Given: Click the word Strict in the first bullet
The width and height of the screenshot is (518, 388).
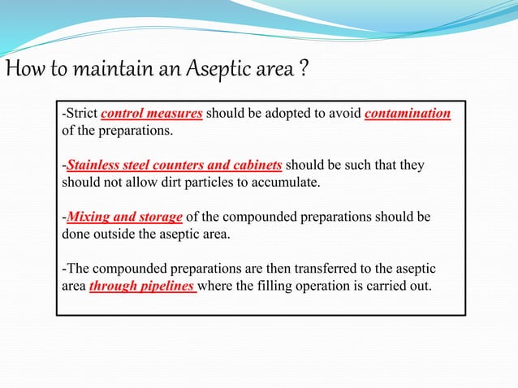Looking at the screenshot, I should tap(82, 114).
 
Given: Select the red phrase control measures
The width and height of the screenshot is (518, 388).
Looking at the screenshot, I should tap(152, 114).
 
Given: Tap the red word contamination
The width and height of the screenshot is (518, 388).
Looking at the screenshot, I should tap(408, 114).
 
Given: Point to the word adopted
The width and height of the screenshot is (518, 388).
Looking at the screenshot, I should tap(289, 114).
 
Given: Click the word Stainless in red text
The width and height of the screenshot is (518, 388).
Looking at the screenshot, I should tap(94, 166).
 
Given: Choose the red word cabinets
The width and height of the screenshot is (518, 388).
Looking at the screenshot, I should tap(254, 166).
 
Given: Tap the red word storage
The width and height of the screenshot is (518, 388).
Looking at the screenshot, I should tap(161, 218).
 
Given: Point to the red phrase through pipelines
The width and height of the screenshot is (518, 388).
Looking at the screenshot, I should tap(142, 287).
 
